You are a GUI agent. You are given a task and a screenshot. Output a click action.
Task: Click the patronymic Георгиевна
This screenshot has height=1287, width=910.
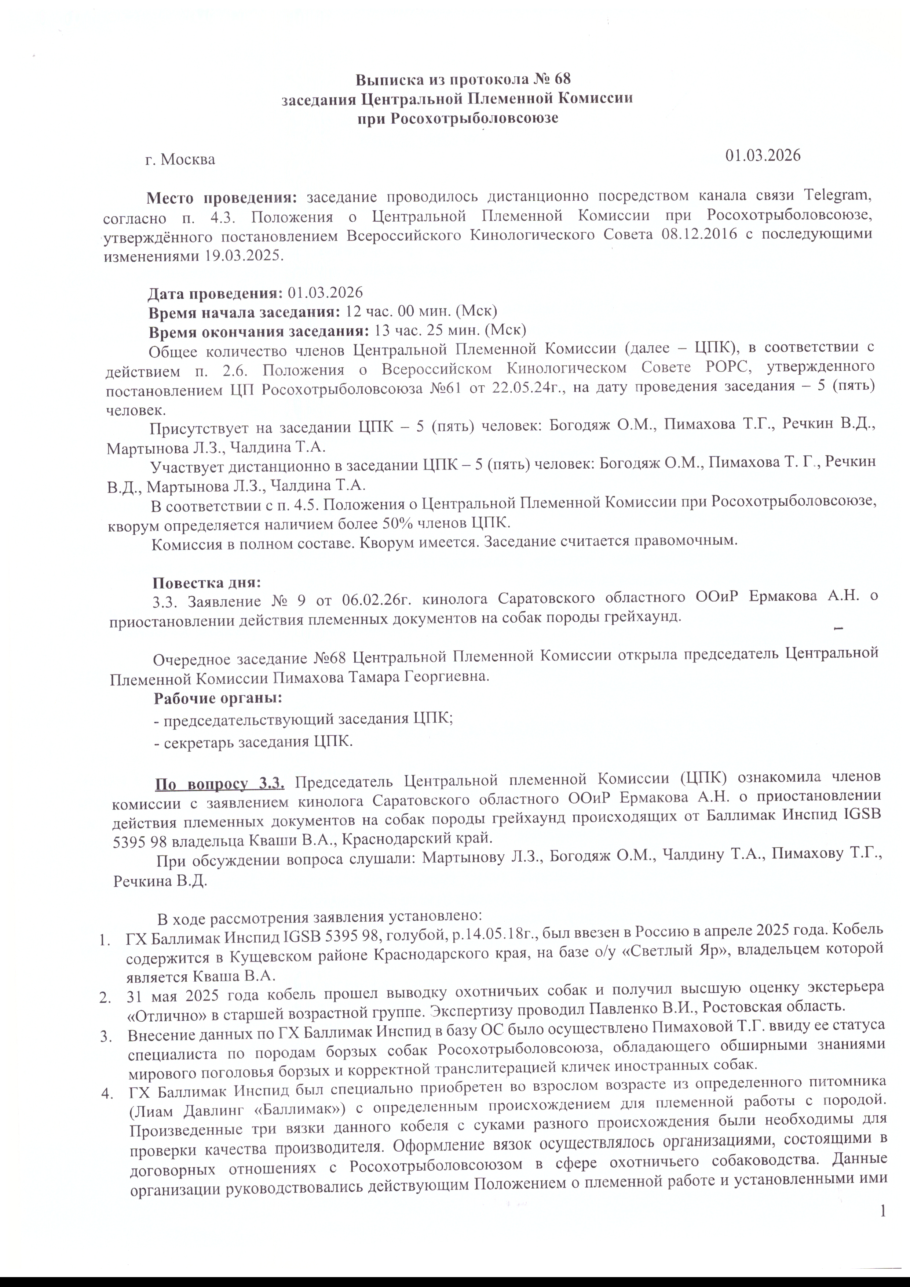point(446,677)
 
